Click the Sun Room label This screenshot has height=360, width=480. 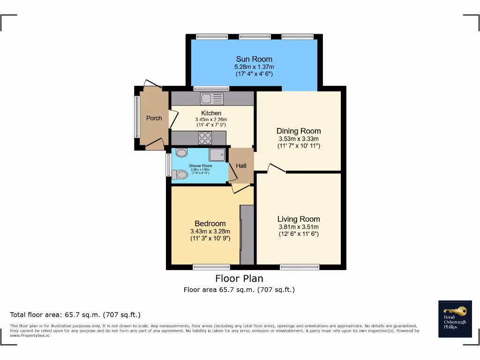click(x=254, y=59)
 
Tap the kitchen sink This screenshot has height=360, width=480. click(x=212, y=98)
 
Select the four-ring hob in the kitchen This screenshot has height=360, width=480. click(x=205, y=138)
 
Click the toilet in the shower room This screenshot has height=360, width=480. click(x=180, y=174)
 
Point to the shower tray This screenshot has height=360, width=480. click(x=217, y=155)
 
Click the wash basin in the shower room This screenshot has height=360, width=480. click(x=181, y=152)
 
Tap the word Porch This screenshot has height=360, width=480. click(x=154, y=118)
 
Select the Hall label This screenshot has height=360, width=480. click(x=241, y=166)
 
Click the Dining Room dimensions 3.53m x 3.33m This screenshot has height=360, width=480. click(x=298, y=139)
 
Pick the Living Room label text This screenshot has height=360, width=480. click(x=299, y=219)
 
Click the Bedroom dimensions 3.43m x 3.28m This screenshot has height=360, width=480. click(x=210, y=231)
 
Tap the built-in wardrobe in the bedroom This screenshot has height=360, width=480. click(x=247, y=234)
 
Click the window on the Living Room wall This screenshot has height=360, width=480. click(x=299, y=267)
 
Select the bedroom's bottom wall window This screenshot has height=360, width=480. click(x=211, y=267)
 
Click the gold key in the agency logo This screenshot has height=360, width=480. click(x=455, y=311)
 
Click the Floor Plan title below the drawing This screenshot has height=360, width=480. click(x=239, y=278)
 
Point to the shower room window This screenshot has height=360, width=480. click(x=168, y=165)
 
